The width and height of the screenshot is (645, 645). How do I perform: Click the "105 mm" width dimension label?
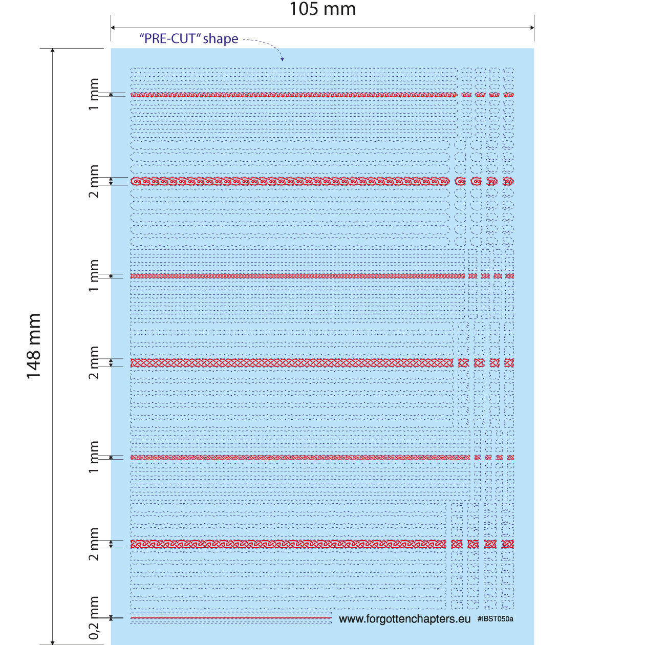click(x=322, y=9)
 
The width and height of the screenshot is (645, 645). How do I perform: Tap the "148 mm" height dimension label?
click(x=34, y=346)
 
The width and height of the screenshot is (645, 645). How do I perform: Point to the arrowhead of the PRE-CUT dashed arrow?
click(x=282, y=59)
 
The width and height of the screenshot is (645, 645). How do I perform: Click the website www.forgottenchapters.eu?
click(x=404, y=619)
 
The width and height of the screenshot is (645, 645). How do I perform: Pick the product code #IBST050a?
click(x=495, y=619)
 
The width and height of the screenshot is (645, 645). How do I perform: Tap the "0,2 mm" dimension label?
click(x=94, y=617)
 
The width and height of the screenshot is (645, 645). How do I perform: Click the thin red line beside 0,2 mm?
click(x=230, y=618)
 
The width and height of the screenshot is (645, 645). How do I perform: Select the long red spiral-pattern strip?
click(x=290, y=181)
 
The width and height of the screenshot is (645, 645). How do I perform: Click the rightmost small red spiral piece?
click(x=508, y=181)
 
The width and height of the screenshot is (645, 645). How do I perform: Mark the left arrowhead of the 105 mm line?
click(x=113, y=28)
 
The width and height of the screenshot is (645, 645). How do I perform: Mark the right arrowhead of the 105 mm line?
click(x=532, y=28)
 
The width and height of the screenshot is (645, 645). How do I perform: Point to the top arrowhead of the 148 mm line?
click(x=52, y=51)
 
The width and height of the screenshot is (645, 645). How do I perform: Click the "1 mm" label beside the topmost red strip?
click(x=94, y=94)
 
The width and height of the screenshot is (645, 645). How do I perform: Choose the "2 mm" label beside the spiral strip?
click(x=94, y=181)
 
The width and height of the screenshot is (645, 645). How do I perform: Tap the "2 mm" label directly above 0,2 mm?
click(x=94, y=544)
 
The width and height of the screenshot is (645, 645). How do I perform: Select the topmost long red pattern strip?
click(x=293, y=95)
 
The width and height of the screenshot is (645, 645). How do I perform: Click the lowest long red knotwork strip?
click(x=288, y=544)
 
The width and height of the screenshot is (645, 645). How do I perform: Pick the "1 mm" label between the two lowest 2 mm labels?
click(x=94, y=457)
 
